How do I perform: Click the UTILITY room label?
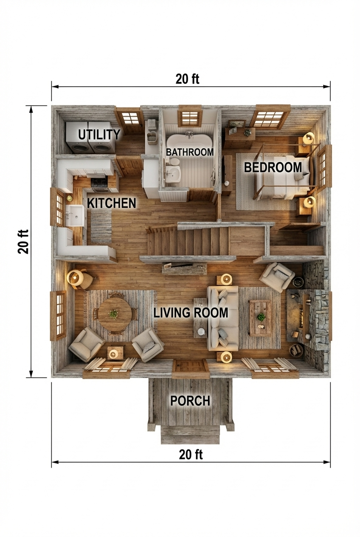tap(99, 135)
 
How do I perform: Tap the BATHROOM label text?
tap(189, 152)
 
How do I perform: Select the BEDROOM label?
tap(273, 167)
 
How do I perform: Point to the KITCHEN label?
tap(112, 203)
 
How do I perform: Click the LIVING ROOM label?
tap(191, 313)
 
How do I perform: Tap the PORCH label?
tap(190, 401)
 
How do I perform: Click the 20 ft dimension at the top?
tap(187, 79)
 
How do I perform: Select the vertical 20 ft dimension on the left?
tap(23, 241)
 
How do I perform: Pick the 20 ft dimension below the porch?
tap(191, 455)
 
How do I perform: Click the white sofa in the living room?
tap(222, 317)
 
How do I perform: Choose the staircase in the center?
tap(187, 241)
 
